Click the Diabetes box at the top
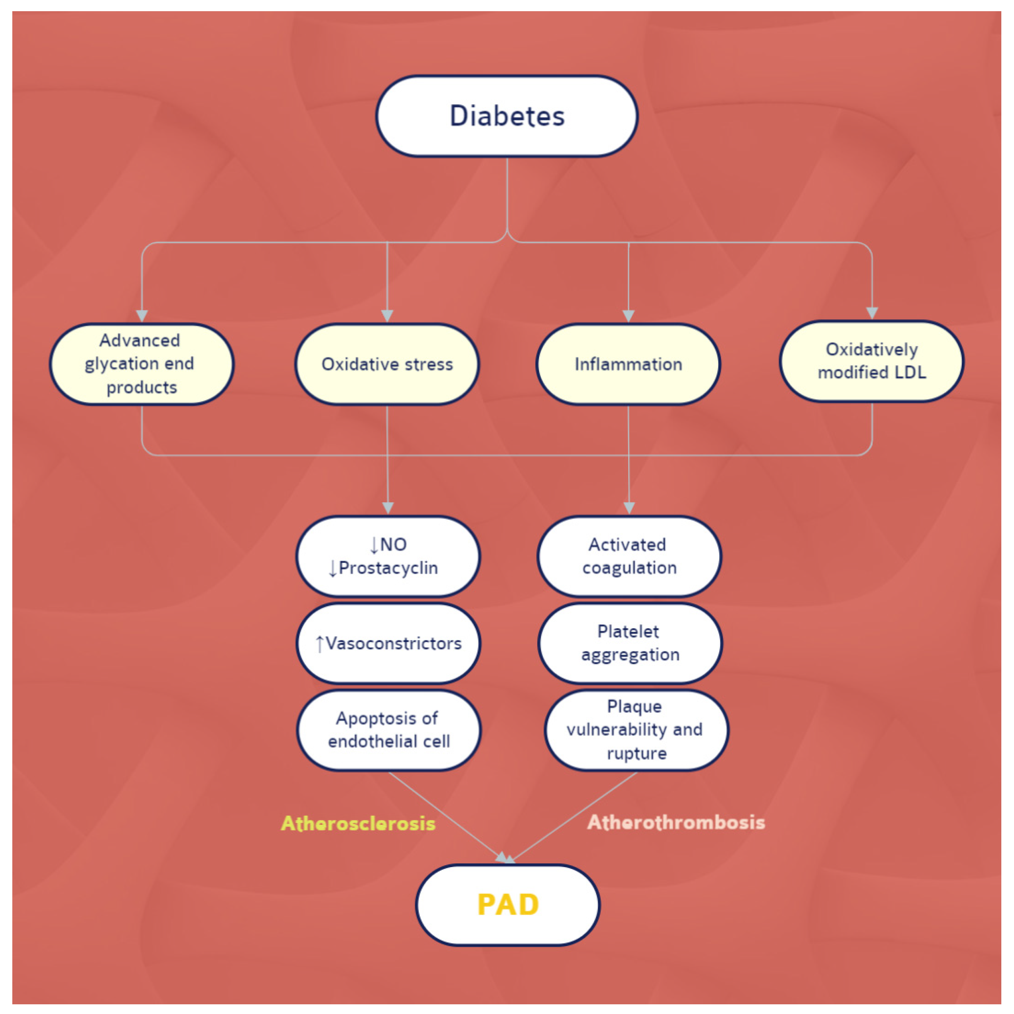coord(507,116)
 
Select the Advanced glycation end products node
coord(142,364)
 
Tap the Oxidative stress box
coord(387,364)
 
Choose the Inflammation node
coord(628,364)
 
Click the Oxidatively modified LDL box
coord(872,361)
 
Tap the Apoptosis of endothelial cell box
coord(388,730)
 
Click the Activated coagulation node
coord(629,556)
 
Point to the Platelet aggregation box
coord(630,643)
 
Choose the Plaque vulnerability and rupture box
coord(636,730)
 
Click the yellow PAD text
coord(507,904)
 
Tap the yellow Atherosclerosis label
coord(358,823)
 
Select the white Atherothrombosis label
coord(676,822)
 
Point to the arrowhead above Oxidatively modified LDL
coord(872,313)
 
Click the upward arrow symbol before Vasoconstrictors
coord(319,644)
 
